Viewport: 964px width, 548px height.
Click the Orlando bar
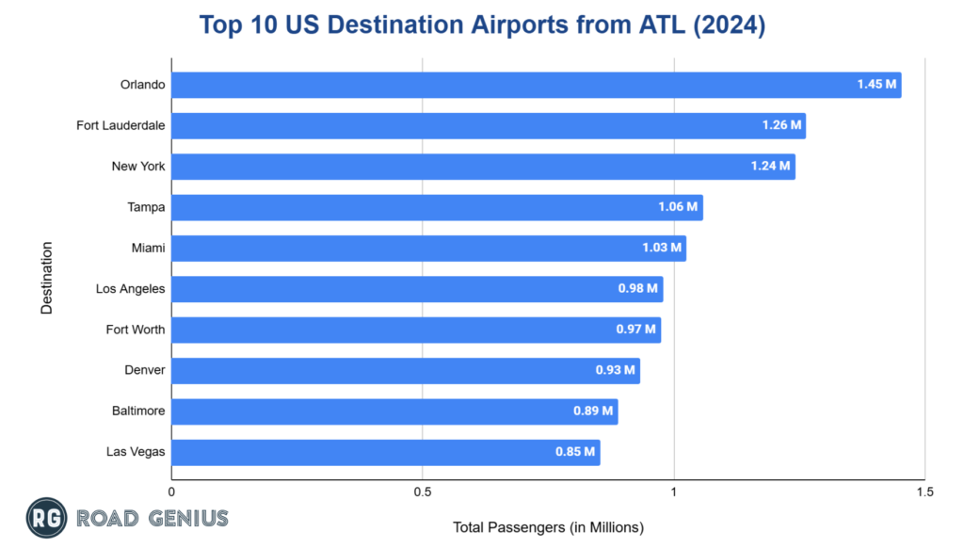pos(536,85)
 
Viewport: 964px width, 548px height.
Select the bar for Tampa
pos(437,207)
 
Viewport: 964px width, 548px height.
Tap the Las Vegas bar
pos(385,452)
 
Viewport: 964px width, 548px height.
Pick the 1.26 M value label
pos(781,125)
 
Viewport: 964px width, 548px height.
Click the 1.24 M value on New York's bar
pos(771,167)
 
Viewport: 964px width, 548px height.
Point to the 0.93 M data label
pos(616,370)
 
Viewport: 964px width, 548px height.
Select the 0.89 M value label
pos(593,411)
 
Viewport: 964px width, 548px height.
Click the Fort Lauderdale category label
pos(120,125)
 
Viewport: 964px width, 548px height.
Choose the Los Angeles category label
pos(130,288)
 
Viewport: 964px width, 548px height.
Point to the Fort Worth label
pos(136,330)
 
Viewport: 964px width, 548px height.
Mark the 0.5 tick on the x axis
pos(422,492)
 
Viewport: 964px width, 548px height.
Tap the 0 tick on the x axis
pos(171,492)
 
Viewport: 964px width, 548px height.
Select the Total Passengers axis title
pos(548,526)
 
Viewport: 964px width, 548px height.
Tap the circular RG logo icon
pos(46,518)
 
